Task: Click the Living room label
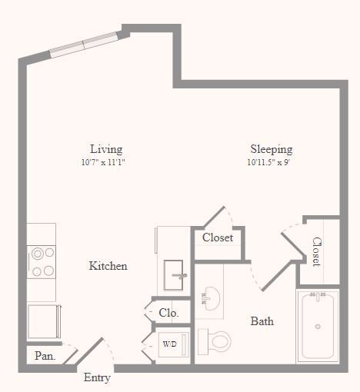point(105,149)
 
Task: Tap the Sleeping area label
point(271,149)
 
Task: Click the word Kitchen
point(108,266)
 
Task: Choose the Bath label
point(262,321)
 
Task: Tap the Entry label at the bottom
point(97,377)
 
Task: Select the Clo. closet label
point(168,313)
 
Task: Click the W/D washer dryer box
point(168,344)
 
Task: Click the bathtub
point(318,326)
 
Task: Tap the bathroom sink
point(208,297)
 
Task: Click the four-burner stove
point(42,261)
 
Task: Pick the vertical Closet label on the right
point(316,251)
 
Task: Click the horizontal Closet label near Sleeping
point(218,238)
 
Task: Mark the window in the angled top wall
point(85,44)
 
